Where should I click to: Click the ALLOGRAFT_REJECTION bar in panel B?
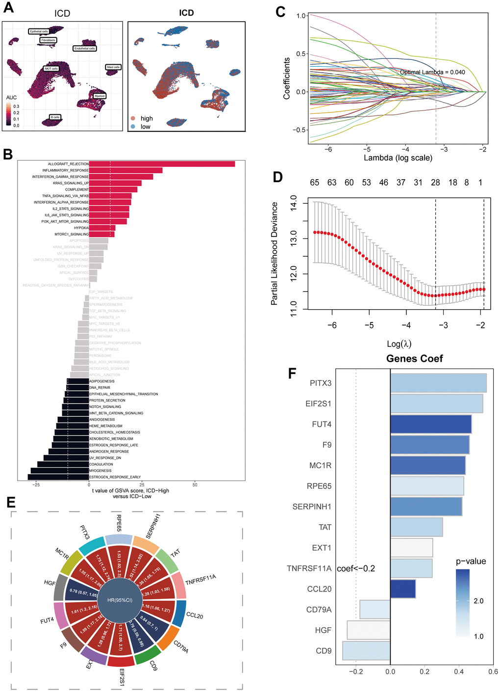162,164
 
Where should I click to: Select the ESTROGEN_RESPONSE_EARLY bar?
58,477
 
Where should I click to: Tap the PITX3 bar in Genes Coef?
438,383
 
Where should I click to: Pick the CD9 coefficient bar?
366,651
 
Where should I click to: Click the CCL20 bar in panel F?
403,589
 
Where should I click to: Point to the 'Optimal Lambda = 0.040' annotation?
432,72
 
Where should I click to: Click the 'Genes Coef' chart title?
414,359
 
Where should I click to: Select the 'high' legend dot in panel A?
133,118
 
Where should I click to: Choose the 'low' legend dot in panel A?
133,127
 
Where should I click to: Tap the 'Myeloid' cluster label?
100,96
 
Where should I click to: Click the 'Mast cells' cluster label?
113,67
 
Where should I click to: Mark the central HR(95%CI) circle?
120,600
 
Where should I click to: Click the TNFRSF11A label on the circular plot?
200,580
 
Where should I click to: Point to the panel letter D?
278,177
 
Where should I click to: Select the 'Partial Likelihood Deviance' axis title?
275,254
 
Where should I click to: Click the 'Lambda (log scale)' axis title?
398,158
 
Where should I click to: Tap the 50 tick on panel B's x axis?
195,485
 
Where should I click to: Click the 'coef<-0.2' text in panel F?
356,569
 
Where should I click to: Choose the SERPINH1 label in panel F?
312,506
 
